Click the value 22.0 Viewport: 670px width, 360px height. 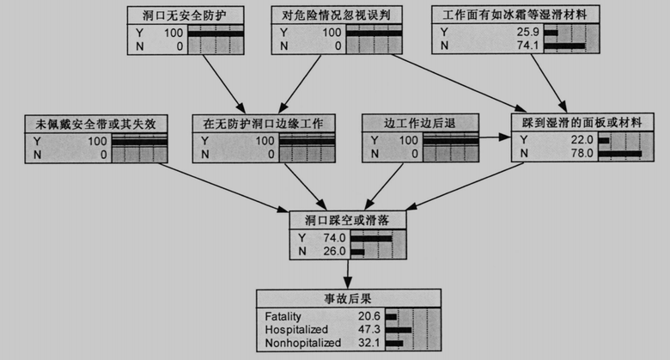tap(582, 141)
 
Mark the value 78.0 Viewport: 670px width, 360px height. tap(582, 154)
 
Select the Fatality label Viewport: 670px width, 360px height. tap(283, 317)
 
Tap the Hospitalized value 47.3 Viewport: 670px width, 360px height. tap(371, 330)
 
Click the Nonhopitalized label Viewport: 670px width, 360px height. tap(303, 343)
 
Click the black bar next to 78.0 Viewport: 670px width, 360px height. tap(620, 154)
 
